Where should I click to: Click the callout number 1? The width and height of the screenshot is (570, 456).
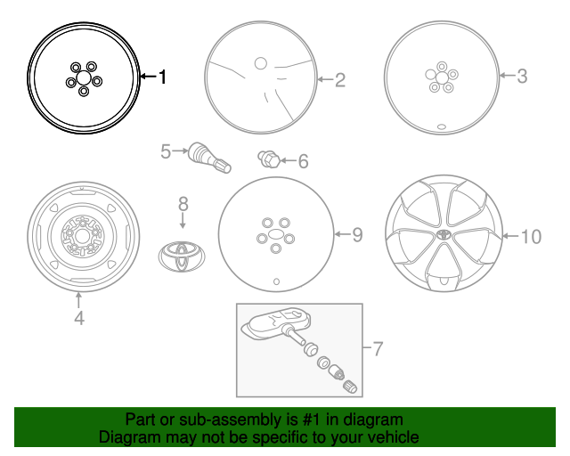pyautogui.click(x=162, y=77)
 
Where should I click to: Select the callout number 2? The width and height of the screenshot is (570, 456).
pyautogui.click(x=340, y=79)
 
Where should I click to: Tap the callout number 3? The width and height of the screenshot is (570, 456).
pyautogui.click(x=522, y=76)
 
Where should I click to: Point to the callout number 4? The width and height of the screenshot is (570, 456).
pyautogui.click(x=79, y=318)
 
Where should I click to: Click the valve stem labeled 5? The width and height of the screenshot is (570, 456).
pyautogui.click(x=209, y=158)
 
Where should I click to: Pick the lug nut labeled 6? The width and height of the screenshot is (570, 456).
pyautogui.click(x=269, y=159)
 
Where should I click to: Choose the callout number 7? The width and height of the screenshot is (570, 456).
pyautogui.click(x=378, y=349)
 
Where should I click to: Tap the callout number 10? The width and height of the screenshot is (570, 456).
pyautogui.click(x=531, y=237)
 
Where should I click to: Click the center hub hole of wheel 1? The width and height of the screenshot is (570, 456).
pyautogui.click(x=83, y=78)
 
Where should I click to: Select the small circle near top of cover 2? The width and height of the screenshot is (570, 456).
pyautogui.click(x=261, y=63)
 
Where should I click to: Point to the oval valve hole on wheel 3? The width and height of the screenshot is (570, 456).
pyautogui.click(x=442, y=126)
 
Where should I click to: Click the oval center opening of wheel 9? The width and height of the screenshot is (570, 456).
pyautogui.click(x=276, y=234)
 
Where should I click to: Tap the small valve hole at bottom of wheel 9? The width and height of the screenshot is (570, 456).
pyautogui.click(x=276, y=281)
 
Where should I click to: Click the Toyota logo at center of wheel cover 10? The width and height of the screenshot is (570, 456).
pyautogui.click(x=444, y=234)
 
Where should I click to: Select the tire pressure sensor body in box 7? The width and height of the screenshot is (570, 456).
pyautogui.click(x=277, y=323)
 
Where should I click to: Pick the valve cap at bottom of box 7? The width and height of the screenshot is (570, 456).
pyautogui.click(x=350, y=387)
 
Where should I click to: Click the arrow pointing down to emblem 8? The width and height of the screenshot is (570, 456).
pyautogui.click(x=183, y=221)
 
